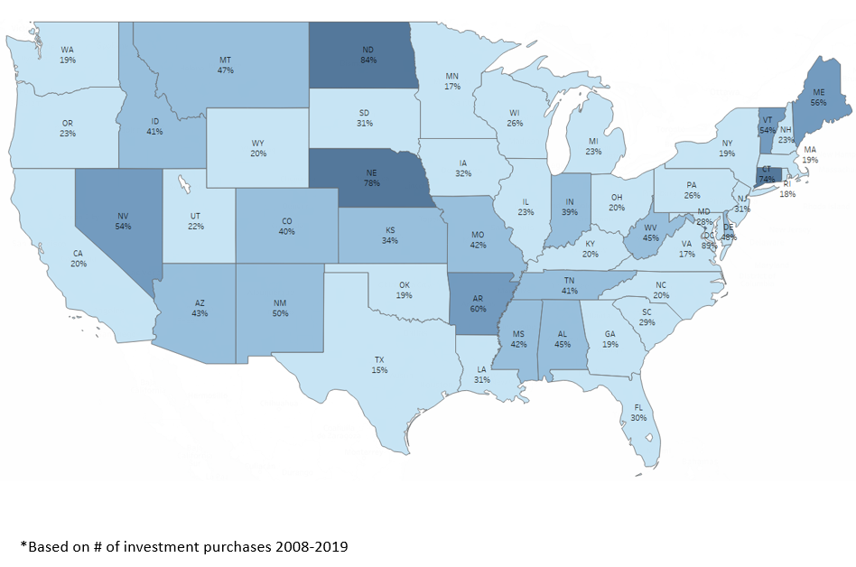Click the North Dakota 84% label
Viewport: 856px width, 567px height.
[368, 54]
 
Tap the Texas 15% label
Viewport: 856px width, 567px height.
[379, 365]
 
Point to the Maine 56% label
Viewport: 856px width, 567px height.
[818, 98]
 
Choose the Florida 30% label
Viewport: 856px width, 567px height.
[637, 413]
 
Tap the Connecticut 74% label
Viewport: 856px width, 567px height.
[767, 174]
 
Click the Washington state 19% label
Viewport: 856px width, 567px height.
[68, 54]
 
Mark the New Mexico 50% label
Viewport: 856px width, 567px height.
[281, 307]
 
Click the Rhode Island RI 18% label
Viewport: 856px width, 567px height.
[787, 189]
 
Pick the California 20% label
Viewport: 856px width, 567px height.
[79, 259]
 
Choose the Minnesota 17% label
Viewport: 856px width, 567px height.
[452, 81]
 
